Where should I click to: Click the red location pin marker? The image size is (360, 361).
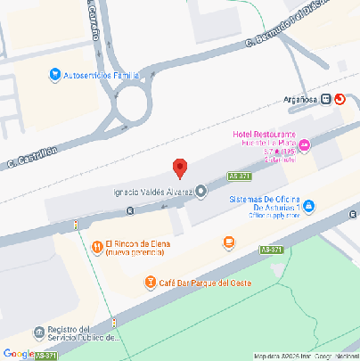180,168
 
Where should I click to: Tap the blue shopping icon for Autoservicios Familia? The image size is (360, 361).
54,74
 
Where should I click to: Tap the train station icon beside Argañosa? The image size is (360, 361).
327,99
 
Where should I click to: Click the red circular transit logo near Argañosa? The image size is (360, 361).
340,99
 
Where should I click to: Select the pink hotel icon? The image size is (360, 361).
305,145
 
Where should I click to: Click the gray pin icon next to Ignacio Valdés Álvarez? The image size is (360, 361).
200,191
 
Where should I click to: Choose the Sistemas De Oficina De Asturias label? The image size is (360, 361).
265,207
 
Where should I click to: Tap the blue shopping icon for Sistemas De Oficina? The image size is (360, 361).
309,207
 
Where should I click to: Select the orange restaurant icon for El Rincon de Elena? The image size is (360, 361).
96,247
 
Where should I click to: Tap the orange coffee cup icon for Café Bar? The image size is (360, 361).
151,283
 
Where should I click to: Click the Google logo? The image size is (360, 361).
18,353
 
